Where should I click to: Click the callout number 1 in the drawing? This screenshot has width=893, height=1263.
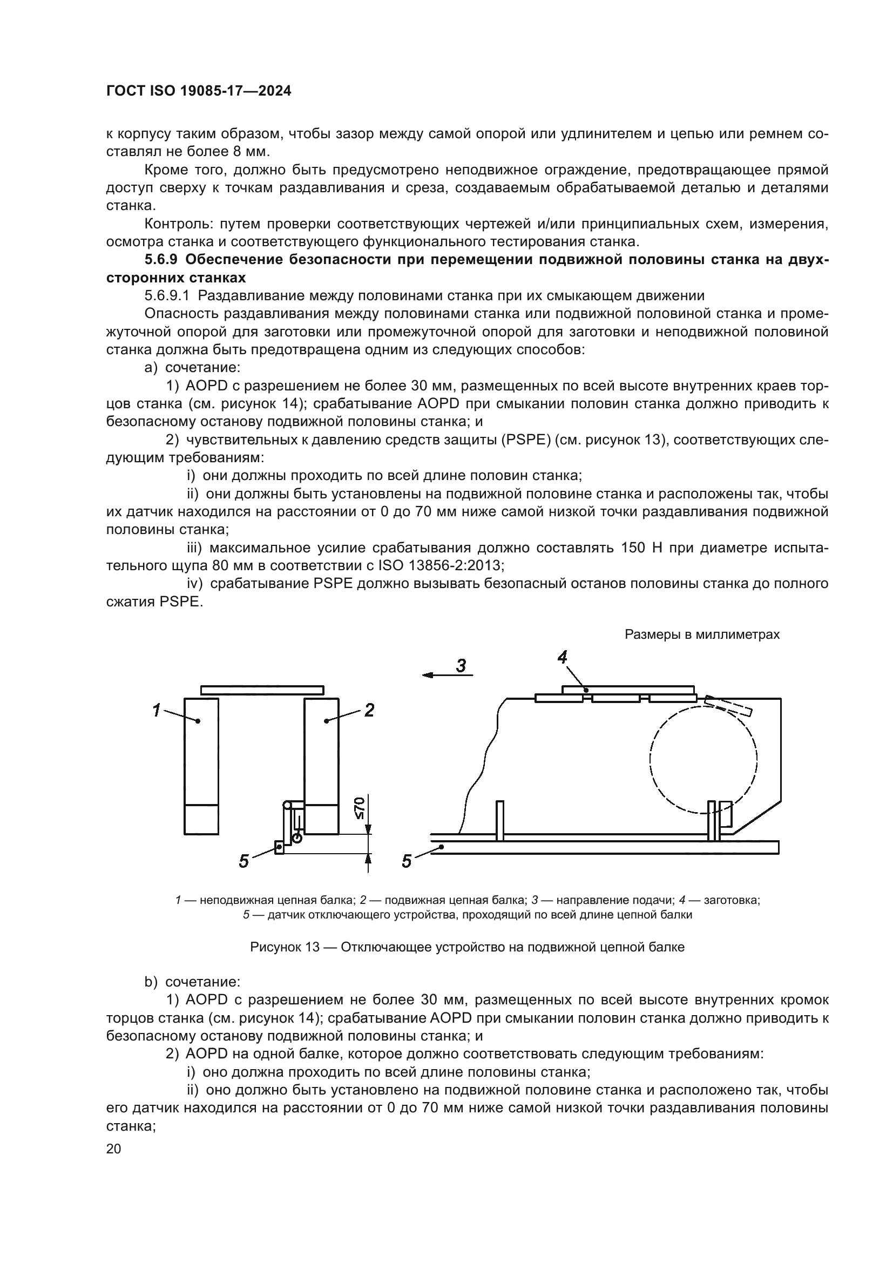tap(156, 711)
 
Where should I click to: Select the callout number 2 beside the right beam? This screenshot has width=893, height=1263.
tap(369, 711)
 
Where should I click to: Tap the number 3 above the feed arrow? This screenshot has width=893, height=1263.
tap(461, 666)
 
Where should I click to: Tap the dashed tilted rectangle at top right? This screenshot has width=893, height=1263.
tap(728, 706)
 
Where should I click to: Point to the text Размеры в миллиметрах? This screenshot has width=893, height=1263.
tap(702, 634)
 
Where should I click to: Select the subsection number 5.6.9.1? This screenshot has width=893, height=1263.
tap(167, 296)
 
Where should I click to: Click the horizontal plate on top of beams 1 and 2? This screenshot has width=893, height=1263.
tap(262, 690)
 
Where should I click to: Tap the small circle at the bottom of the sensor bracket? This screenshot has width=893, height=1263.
tap(297, 838)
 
